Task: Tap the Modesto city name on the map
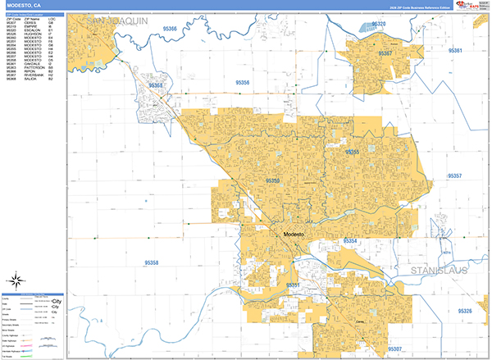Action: pyautogui.click(x=293, y=235)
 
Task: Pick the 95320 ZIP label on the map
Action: pyautogui.click(x=377, y=25)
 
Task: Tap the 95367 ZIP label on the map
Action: pyautogui.click(x=385, y=54)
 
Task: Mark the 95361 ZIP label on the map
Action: pyautogui.click(x=456, y=51)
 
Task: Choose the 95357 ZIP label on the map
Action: pyautogui.click(x=454, y=176)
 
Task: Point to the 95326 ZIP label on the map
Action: pyautogui.click(x=465, y=312)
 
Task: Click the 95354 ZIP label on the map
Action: pyautogui.click(x=349, y=241)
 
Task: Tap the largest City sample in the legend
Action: pyautogui.click(x=57, y=301)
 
